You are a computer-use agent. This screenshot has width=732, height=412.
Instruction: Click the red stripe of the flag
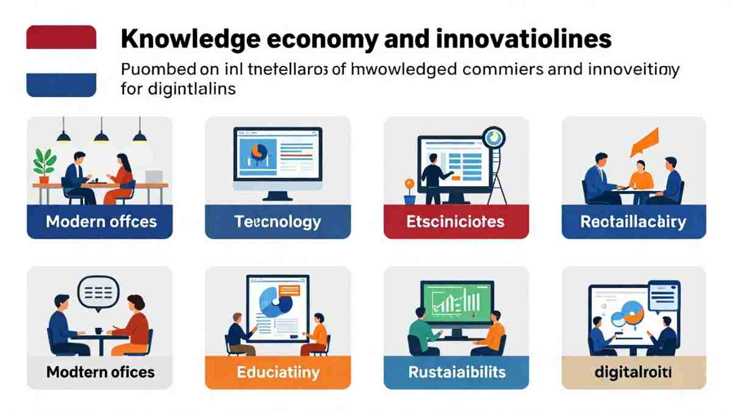pyautogui.click(x=61, y=37)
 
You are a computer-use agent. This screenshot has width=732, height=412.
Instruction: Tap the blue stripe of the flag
pyautogui.click(x=61, y=85)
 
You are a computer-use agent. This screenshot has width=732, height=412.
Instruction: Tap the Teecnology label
pyautogui.click(x=278, y=222)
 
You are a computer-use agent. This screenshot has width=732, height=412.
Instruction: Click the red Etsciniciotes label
pyautogui.click(x=456, y=222)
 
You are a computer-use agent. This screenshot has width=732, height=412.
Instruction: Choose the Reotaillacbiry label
pyautogui.click(x=633, y=222)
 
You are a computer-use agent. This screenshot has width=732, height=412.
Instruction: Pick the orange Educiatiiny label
pyautogui.click(x=278, y=372)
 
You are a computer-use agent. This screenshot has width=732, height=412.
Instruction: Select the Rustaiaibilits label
pyautogui.click(x=456, y=372)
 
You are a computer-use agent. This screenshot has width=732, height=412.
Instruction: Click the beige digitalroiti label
pyautogui.click(x=633, y=372)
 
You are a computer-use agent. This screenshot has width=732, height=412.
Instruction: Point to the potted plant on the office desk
pyautogui.click(x=44, y=164)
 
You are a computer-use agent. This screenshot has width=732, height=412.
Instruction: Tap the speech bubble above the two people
pyautogui.click(x=98, y=292)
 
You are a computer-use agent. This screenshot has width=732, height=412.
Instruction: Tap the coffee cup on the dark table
pyautogui.click(x=98, y=331)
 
